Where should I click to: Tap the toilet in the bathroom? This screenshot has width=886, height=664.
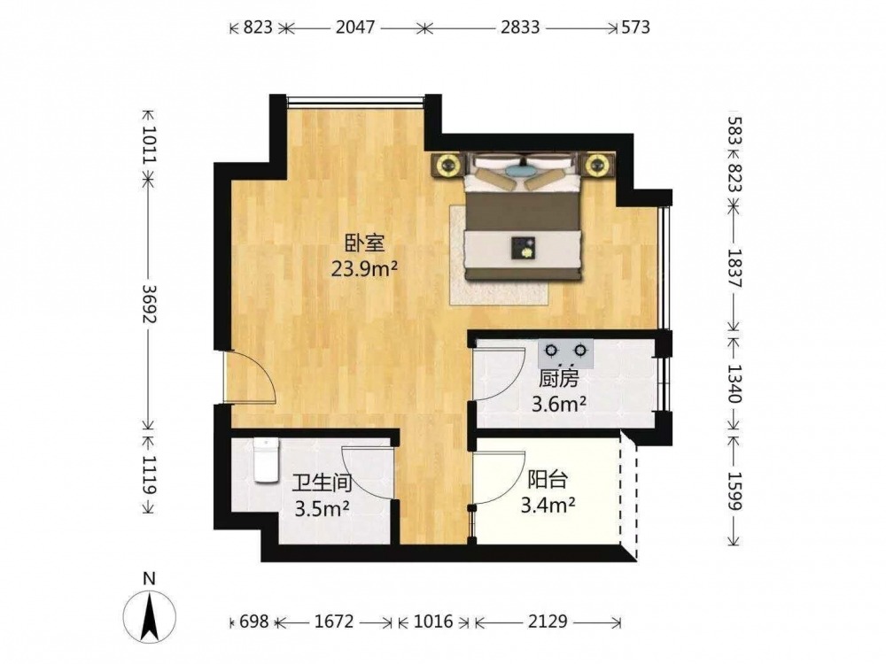(x=266, y=460)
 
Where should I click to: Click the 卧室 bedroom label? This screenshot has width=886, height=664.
(x=365, y=243)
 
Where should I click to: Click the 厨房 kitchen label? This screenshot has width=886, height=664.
(x=558, y=378)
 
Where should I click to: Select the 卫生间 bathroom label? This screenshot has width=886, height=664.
(x=323, y=483)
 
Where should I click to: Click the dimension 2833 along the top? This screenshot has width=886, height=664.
(x=520, y=27)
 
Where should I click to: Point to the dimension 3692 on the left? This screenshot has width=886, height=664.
(x=149, y=303)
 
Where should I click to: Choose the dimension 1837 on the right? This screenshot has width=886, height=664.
(x=734, y=268)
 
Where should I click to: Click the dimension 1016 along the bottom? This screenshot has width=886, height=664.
(x=433, y=622)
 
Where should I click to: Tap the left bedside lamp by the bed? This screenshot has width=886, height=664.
(x=448, y=166)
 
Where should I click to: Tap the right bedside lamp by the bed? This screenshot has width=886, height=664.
(x=595, y=166)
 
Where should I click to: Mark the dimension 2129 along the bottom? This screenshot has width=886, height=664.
(x=548, y=622)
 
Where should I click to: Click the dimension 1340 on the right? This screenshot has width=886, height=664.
(x=734, y=383)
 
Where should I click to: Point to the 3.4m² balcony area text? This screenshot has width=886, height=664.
(x=548, y=505)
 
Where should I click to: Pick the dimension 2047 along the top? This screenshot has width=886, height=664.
(x=355, y=27)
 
